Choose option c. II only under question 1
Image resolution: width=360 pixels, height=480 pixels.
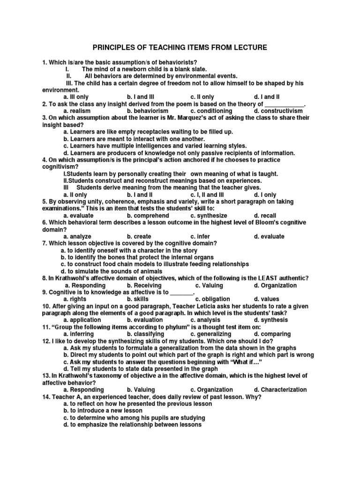(202, 97)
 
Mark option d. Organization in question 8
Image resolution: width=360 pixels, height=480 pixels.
(275, 285)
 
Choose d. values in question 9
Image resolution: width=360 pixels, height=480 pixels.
(266, 299)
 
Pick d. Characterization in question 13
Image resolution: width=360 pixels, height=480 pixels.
(280, 390)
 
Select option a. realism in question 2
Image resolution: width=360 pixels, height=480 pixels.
(77, 111)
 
